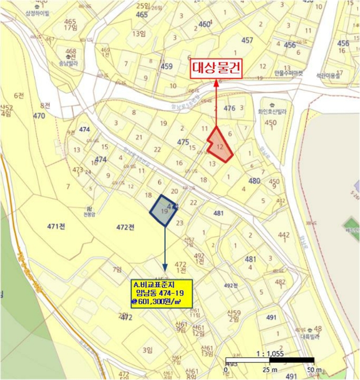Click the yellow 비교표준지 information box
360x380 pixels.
pyautogui.click(x=161, y=294)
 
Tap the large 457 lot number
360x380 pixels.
pyautogui.click(x=247, y=40)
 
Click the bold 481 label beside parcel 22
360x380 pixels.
pyautogui.click(x=218, y=213)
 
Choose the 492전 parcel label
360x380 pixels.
pyautogui.click(x=231, y=285)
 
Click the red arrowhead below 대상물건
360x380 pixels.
pyautogui.click(x=217, y=83)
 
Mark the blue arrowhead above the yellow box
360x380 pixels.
pyautogui.click(x=165, y=274)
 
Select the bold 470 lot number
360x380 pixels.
pyautogui.click(x=39, y=116)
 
